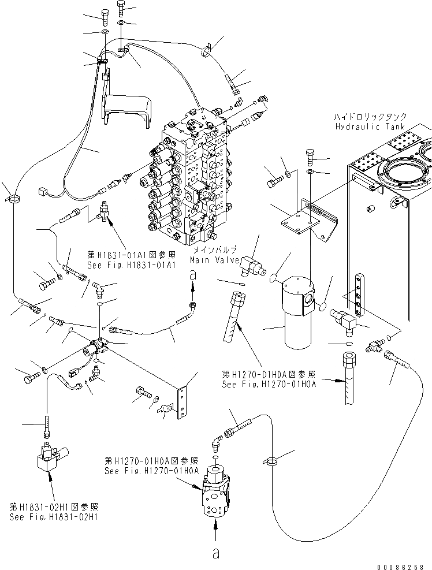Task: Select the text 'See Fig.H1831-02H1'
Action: pyautogui.click(x=54, y=517)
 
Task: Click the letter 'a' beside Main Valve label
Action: pyautogui.click(x=193, y=277)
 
